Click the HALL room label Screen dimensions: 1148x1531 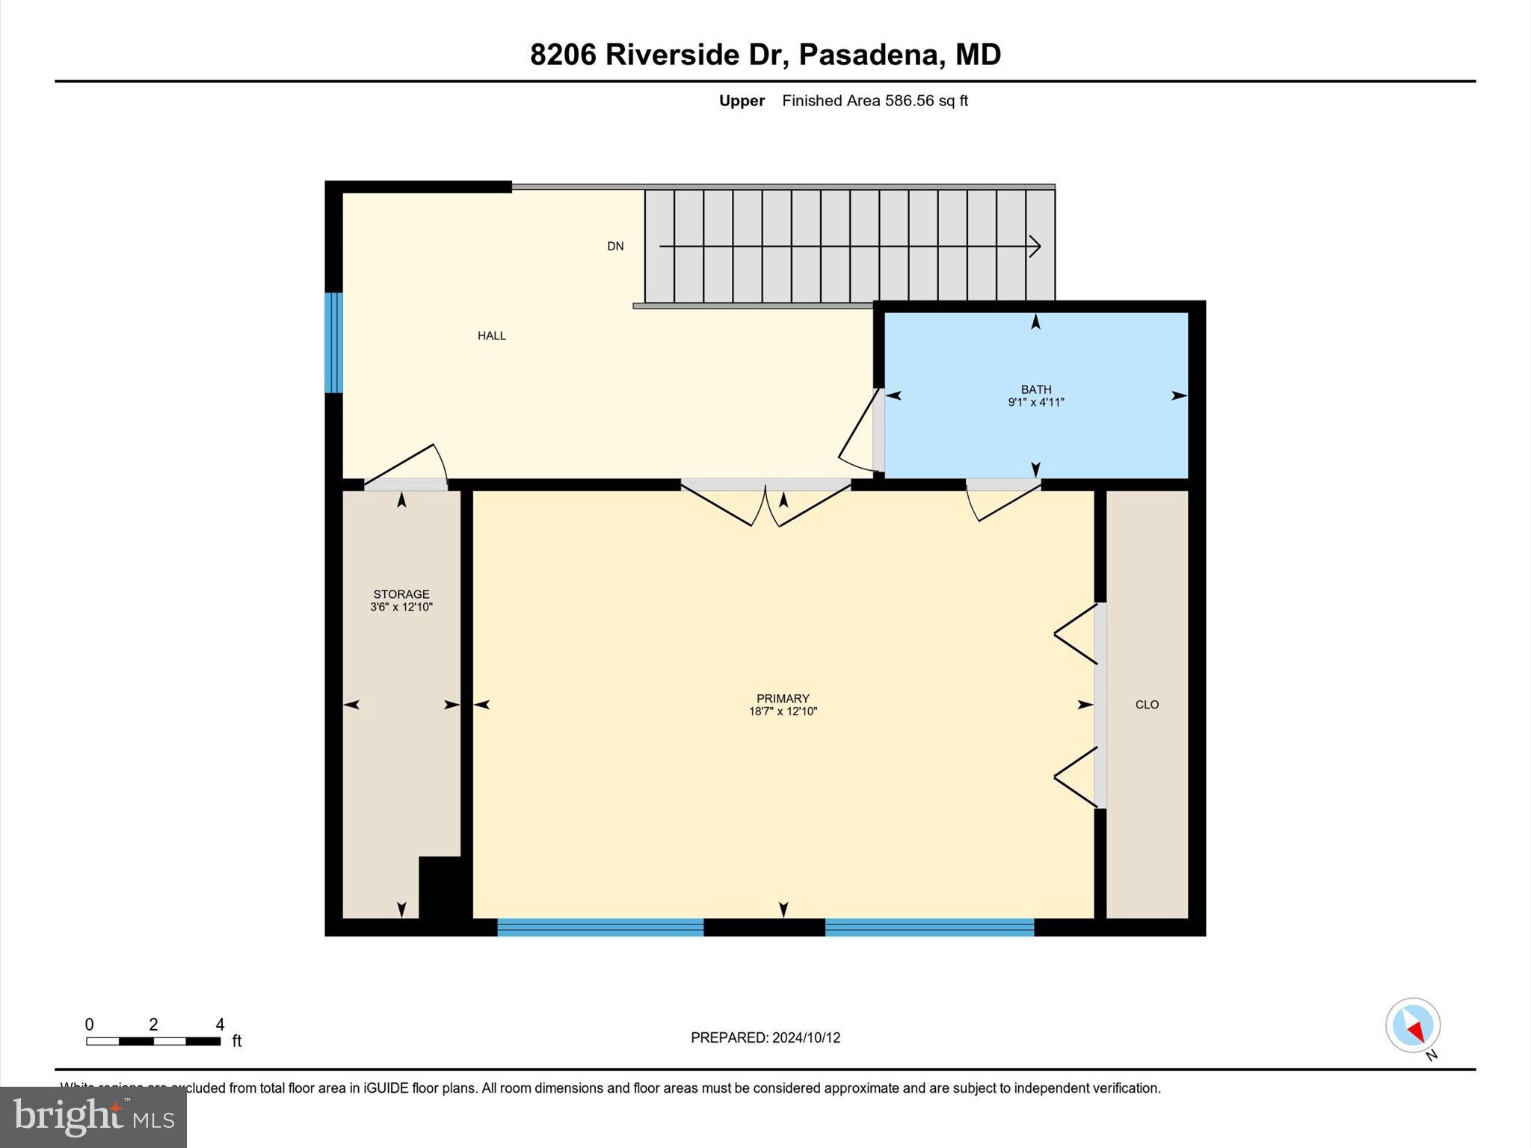(x=492, y=336)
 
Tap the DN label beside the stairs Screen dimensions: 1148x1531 (x=615, y=246)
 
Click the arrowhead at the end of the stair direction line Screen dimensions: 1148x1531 (x=1035, y=246)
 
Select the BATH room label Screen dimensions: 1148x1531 (x=1036, y=389)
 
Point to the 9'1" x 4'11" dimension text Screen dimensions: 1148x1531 (x=1036, y=402)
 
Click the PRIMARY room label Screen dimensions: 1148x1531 (x=783, y=699)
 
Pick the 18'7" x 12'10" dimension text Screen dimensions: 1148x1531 (x=783, y=712)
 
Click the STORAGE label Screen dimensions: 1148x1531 (x=401, y=594)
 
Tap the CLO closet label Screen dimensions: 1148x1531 (x=1147, y=704)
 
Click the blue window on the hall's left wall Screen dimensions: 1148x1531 (x=333, y=342)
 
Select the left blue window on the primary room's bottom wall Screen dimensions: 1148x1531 (x=600, y=928)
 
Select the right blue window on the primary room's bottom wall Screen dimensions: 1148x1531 (x=929, y=928)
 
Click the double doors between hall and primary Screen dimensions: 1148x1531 (x=765, y=502)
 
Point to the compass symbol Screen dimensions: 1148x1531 (x=1412, y=1025)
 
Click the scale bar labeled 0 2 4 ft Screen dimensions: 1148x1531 (x=153, y=1040)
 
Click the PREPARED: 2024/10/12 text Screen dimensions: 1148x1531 (x=765, y=1037)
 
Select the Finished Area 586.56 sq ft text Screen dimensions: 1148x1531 (x=875, y=101)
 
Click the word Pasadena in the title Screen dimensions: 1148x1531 (x=868, y=55)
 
